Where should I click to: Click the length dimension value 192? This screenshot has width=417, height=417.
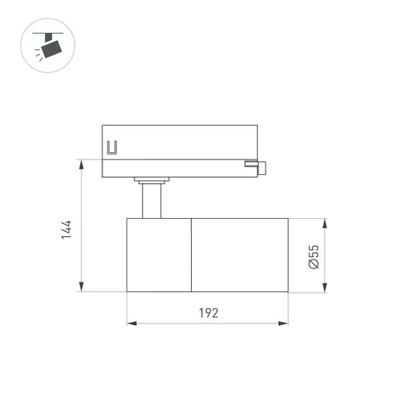pos(209,313)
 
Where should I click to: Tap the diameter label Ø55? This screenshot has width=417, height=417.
pos(313,256)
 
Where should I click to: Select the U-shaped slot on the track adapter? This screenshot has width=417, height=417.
pos(112,149)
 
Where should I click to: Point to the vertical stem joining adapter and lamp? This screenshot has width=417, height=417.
pos(151,201)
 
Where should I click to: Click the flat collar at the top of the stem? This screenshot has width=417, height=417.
pos(151,179)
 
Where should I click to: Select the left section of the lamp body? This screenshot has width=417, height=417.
pos(159,255)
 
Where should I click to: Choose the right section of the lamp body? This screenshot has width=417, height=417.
pos(239,255)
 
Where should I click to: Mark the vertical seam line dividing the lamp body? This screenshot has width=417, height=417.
pos(192,255)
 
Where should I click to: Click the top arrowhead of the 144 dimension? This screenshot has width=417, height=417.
pos(80,164)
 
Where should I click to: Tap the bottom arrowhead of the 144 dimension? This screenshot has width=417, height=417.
pos(80,287)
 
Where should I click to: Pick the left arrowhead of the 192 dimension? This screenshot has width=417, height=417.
pos(131,323)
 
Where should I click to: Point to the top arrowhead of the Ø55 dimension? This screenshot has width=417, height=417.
pos(326,222)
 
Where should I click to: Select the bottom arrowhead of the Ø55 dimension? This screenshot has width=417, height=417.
pos(326,288)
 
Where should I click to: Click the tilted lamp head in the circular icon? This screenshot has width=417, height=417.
pos(52,48)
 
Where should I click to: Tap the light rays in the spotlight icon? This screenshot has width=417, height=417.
pos(37,53)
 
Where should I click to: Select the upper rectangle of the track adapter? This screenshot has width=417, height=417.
pos(179,142)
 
